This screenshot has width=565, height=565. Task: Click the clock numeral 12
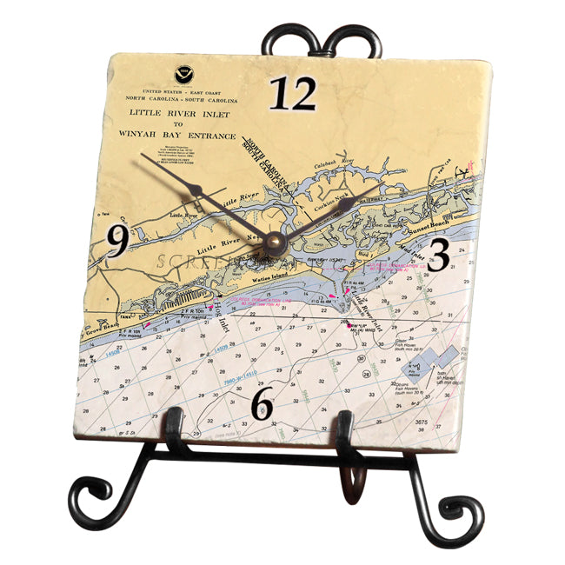click(x=292, y=94)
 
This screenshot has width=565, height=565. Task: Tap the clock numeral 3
click(x=439, y=256)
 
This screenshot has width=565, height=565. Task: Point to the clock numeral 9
click(x=118, y=242)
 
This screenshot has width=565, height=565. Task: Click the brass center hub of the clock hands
click(x=276, y=241)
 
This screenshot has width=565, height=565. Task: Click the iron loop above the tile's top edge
click(x=321, y=40)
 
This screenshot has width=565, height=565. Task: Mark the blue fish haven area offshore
click(x=433, y=362)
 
